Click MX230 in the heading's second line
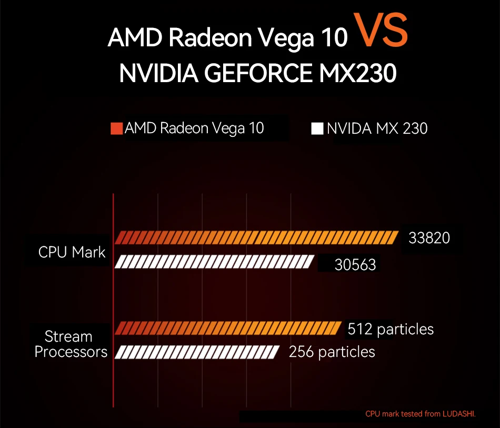(357, 73)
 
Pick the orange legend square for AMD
(116, 128)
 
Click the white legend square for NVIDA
(317, 128)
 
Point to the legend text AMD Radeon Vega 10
(194, 128)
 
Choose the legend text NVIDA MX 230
(377, 128)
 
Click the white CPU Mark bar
(215, 262)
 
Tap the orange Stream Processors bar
(228, 329)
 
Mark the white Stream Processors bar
(197, 352)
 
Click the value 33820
(429, 238)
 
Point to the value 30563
(355, 265)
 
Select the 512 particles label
(391, 329)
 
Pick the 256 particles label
(332, 352)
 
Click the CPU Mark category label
(72, 252)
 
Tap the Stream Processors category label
(71, 344)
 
